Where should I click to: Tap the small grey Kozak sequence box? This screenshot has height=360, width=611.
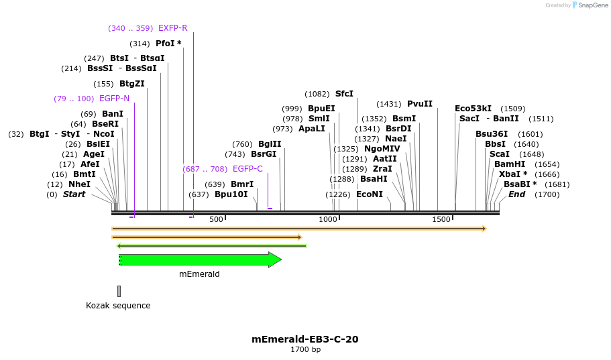[119, 291]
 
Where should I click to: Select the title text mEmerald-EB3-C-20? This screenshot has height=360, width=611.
[305, 339]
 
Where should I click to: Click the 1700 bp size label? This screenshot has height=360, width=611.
[305, 350]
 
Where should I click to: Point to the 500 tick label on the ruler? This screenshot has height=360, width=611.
[216, 220]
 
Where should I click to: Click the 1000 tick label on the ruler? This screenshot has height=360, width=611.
[328, 220]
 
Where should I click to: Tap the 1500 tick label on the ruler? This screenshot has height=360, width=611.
[441, 220]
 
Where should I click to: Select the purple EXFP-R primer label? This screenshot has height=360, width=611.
[172, 28]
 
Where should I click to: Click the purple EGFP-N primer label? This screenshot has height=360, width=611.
[114, 99]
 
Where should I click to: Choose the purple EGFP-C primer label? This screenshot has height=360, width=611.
[247, 169]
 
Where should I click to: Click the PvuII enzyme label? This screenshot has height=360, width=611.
[420, 104]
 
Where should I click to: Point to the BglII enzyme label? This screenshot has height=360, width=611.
[270, 144]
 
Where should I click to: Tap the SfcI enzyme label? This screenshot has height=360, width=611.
[344, 94]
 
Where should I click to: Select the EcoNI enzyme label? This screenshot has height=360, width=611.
[370, 194]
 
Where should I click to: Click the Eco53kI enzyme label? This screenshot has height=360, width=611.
[473, 109]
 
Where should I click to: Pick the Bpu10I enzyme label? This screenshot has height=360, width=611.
[231, 194]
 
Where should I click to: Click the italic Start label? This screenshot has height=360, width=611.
[74, 194]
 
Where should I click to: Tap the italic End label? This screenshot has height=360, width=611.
[517, 194]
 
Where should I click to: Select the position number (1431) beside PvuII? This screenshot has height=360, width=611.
[389, 104]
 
